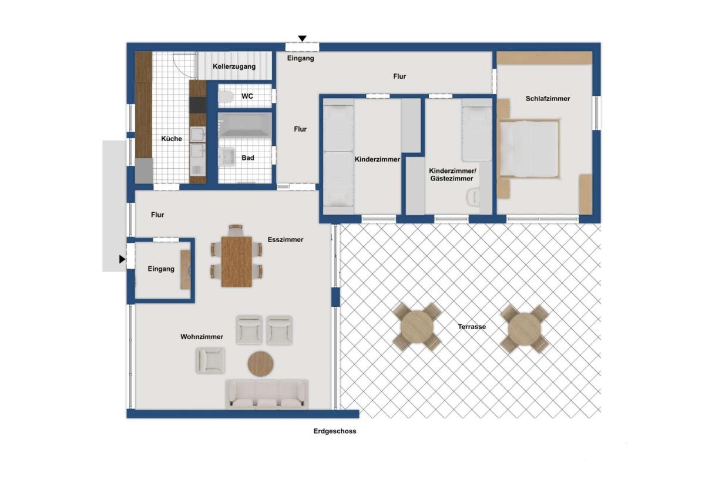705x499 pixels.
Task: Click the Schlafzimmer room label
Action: (x=548, y=99)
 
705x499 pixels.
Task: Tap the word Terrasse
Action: (x=471, y=326)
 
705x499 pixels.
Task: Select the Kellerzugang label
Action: (x=234, y=66)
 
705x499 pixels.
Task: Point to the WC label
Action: (x=247, y=96)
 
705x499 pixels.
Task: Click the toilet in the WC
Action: (x=226, y=96)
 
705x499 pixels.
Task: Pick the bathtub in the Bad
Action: (x=245, y=125)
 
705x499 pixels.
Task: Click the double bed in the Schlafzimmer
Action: (x=529, y=148)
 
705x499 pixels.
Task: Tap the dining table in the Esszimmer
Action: (x=236, y=262)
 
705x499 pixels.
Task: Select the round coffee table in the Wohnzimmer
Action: (x=260, y=364)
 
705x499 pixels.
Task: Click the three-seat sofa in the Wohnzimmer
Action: (x=267, y=394)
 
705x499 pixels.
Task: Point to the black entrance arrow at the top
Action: (x=302, y=39)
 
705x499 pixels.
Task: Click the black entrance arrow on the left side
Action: (x=122, y=259)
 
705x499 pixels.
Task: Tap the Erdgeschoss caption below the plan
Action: (x=334, y=431)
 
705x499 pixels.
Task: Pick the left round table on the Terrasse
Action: (x=417, y=327)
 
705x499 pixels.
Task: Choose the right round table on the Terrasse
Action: (x=524, y=329)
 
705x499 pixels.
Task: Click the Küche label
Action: (x=172, y=139)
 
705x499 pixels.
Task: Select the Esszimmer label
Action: (x=286, y=240)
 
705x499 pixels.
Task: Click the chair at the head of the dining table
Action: (x=236, y=230)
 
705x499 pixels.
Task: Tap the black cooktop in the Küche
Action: (x=197, y=105)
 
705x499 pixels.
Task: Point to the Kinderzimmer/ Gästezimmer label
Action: (x=452, y=175)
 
